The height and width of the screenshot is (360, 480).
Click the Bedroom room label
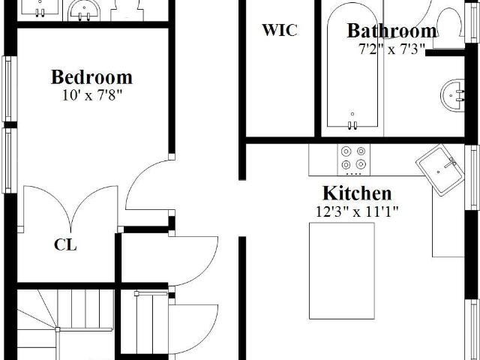click(91, 77)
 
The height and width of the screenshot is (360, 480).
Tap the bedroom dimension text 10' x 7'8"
click(91, 95)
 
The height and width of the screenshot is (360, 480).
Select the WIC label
click(280, 30)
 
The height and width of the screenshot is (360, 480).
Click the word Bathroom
click(391, 31)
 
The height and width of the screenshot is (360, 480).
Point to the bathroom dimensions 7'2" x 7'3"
click(391, 49)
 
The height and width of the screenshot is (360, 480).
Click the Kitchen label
click(357, 193)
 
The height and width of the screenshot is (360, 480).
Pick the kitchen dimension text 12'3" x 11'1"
click(357, 211)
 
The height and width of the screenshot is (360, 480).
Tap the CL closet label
click(65, 245)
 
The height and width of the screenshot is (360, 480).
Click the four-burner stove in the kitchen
click(353, 160)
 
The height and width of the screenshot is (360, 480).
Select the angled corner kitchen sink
click(440, 170)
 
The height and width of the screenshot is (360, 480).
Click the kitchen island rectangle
click(342, 271)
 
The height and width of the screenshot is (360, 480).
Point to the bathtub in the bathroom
click(352, 66)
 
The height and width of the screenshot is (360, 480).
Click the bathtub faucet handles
click(352, 125)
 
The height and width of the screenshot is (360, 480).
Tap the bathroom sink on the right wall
click(453, 95)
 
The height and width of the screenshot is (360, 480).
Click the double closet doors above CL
click(70, 208)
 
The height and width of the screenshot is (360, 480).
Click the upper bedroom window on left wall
click(10, 89)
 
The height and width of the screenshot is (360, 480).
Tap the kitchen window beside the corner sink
click(472, 178)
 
